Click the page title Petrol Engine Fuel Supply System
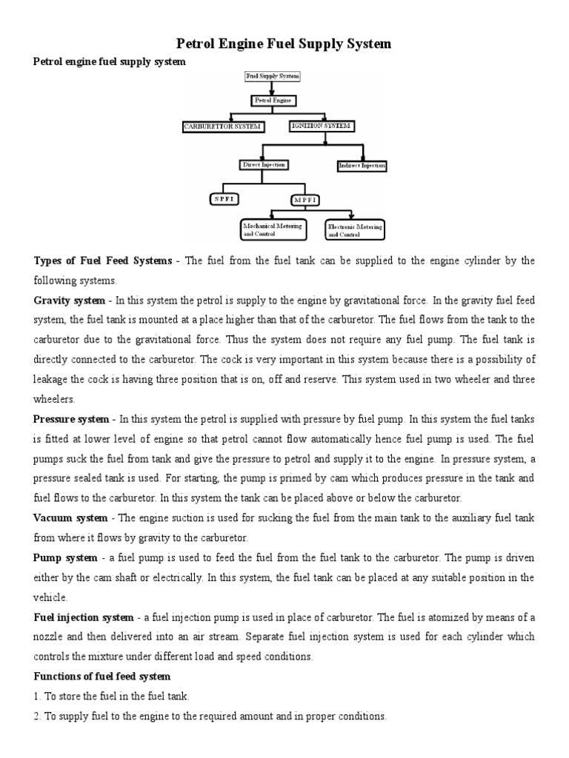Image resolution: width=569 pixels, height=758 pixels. coord(282,44)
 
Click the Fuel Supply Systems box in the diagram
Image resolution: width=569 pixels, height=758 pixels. coord(272,76)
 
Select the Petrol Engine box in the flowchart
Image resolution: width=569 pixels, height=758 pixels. coord(272,99)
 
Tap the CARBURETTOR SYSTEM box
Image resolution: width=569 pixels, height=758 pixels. coord(222,127)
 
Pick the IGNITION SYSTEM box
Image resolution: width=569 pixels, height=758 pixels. coord(320,127)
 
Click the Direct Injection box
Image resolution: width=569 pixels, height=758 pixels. coord(264,165)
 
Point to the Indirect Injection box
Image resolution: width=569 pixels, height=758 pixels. coord(361,166)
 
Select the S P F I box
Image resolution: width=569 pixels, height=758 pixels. coord(223,199)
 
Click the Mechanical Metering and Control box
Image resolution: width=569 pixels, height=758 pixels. coord(273,229)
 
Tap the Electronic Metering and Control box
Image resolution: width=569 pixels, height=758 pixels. coord(355,230)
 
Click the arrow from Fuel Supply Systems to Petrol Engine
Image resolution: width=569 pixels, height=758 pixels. coord(272,87)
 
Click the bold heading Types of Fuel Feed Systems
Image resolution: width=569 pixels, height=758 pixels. coord(102,261)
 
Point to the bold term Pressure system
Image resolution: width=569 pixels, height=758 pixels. coord(72,418)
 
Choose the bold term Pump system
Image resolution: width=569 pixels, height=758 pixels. coord(65,557)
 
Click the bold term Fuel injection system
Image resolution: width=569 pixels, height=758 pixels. coord(84,617)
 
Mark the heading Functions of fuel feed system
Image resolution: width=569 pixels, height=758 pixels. coord(102,676)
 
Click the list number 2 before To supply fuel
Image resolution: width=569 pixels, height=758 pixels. coord(37,717)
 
